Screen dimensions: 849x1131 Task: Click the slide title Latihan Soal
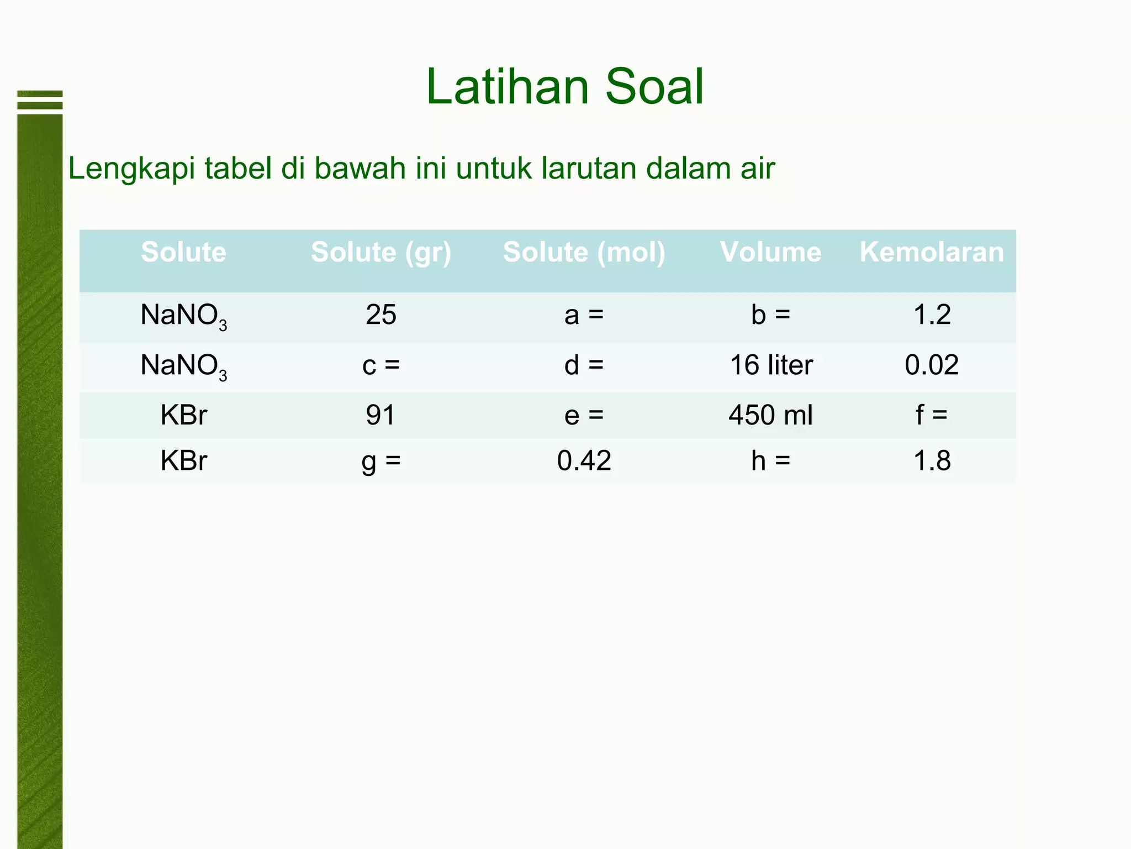coord(564,87)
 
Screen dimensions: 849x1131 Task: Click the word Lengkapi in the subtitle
coord(131,169)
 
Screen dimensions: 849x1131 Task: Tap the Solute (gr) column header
coord(381,253)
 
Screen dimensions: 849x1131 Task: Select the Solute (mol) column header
coord(584,253)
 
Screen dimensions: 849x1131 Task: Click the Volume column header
coord(770,253)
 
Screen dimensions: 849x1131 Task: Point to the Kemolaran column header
coord(932,253)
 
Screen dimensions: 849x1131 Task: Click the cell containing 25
coord(381,315)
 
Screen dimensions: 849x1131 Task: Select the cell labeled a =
coord(584,316)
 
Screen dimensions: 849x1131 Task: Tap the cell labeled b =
coord(770,315)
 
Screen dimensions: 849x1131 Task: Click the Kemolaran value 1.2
coord(932,315)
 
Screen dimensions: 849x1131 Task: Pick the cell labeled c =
coord(381,365)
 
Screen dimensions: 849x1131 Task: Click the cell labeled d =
coord(584,365)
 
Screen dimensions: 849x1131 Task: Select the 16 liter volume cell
coord(771,365)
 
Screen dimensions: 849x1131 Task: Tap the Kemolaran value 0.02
coord(932,365)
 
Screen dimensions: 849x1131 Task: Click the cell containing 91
coord(381,415)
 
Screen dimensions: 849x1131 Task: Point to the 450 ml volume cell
coord(770,415)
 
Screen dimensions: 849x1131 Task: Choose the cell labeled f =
coord(932,415)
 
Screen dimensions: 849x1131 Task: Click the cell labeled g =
coord(381,461)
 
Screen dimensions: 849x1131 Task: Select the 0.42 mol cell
coord(584,461)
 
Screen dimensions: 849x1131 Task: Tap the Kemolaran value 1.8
coord(932,461)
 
